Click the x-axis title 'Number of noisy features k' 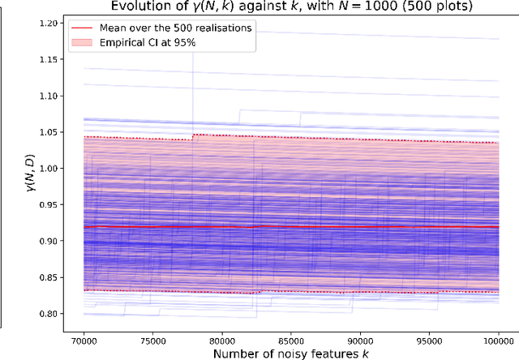point(290,353)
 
